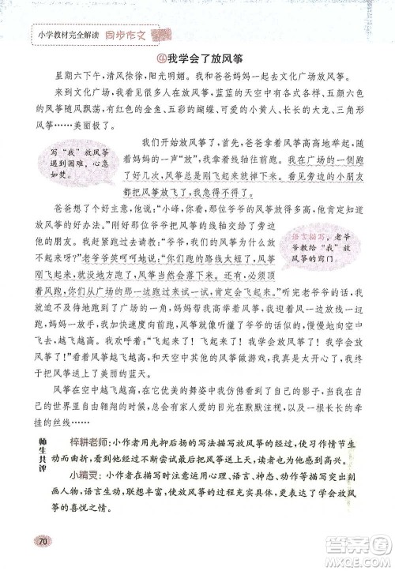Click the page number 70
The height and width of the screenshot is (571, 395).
coord(43,539)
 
